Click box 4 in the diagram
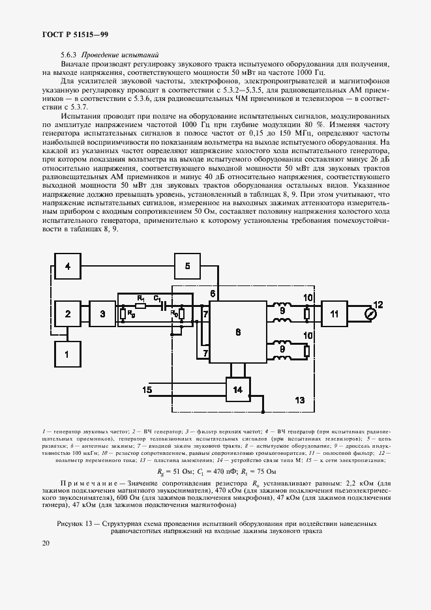(67, 265)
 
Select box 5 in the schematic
(187, 265)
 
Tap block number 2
(67, 314)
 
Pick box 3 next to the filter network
(102, 314)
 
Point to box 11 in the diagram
(334, 314)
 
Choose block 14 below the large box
(237, 390)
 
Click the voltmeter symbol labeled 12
(371, 314)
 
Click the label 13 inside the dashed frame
(300, 399)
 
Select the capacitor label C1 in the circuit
(157, 298)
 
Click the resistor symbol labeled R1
(140, 304)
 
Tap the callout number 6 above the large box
(213, 294)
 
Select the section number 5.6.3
(68, 55)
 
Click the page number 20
(46, 543)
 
